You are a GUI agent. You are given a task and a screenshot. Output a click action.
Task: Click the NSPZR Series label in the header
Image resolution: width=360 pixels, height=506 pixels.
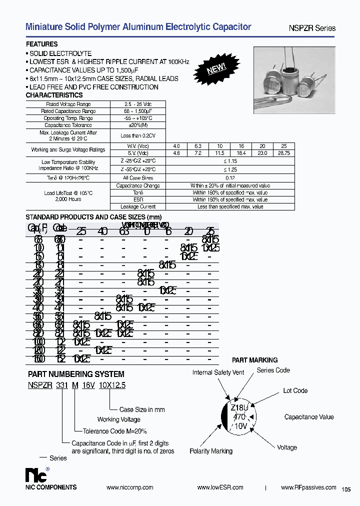pos(314,28)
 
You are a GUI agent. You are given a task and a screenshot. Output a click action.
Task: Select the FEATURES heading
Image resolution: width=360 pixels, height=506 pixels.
pos(41,44)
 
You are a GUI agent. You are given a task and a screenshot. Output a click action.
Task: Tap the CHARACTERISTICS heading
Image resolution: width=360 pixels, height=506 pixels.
pos(54,95)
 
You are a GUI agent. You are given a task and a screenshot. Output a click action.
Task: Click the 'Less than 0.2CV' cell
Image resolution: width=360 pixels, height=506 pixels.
pos(138,135)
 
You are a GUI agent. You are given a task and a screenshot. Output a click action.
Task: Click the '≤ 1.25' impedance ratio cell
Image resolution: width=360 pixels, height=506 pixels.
pos(230,169)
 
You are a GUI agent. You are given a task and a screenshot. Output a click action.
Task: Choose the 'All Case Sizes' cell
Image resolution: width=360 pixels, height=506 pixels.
pos(138,178)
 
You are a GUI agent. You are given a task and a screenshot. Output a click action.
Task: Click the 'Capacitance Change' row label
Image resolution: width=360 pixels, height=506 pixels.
pos(138,185)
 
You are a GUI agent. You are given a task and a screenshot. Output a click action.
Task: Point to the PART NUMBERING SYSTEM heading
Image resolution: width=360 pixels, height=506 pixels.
pos(76,373)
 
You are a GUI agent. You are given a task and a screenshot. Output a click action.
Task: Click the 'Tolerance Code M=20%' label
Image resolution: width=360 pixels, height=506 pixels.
pos(115,431)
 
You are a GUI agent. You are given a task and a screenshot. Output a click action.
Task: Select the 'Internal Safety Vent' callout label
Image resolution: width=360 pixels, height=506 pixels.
pos(218,372)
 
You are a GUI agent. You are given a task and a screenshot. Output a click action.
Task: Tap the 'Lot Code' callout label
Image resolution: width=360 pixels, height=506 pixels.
pos(295,390)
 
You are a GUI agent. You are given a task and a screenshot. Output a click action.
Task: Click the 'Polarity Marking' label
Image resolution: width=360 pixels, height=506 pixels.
pos(211,451)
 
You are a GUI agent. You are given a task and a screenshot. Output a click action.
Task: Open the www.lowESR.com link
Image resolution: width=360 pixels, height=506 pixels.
pos(220,487)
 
